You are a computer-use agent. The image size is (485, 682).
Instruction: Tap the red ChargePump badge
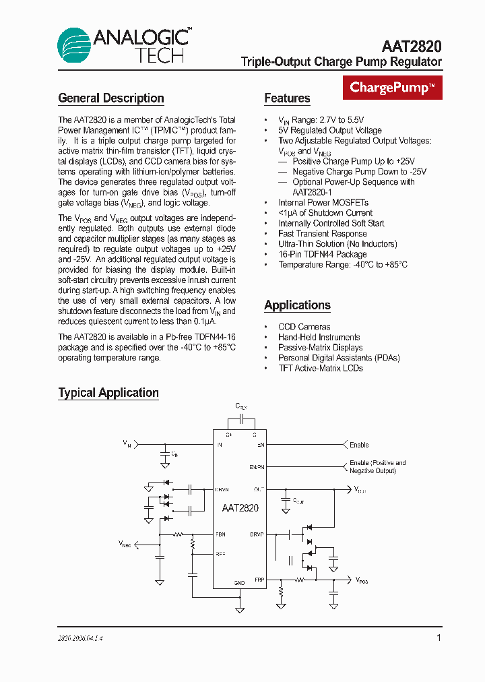click(x=393, y=88)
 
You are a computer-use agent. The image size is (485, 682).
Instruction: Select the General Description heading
click(x=111, y=98)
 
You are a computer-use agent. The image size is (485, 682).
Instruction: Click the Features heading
click(x=287, y=98)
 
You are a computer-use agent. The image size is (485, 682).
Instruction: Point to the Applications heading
click(x=297, y=305)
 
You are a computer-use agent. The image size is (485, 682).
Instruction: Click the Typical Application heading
click(x=108, y=393)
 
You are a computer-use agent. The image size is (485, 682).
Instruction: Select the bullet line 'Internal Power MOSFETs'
click(x=323, y=202)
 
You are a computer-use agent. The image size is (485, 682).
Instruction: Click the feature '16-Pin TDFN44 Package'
click(x=322, y=254)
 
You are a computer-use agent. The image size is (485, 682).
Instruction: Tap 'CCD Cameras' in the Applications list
click(x=304, y=327)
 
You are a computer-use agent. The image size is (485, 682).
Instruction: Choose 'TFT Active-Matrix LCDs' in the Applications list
click(x=320, y=368)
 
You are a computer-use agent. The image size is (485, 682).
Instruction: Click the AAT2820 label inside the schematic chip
click(x=240, y=509)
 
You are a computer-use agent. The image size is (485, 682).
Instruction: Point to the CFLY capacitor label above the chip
click(x=240, y=406)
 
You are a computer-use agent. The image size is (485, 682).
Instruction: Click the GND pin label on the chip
click(x=239, y=582)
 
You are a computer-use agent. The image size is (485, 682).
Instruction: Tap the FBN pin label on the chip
click(x=220, y=534)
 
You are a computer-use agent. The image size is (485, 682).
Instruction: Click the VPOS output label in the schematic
click(x=362, y=580)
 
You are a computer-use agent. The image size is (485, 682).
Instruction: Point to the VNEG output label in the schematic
click(x=125, y=543)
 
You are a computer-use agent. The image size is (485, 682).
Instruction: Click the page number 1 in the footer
click(x=439, y=638)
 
